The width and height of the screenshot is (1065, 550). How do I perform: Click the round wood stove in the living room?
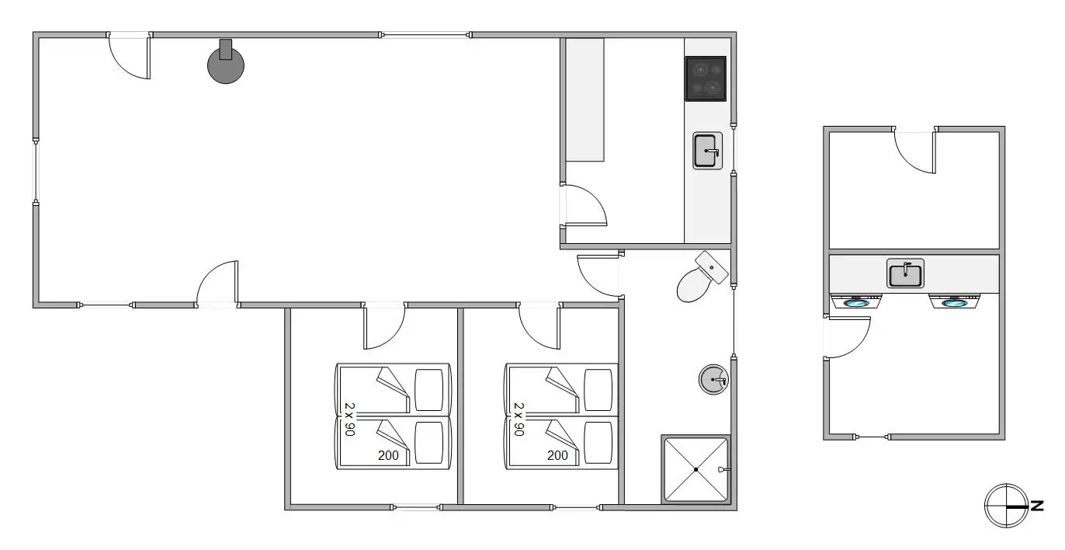point(226,65)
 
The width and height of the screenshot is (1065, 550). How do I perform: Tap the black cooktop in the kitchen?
point(706,79)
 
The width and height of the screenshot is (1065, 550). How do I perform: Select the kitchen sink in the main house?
point(707,151)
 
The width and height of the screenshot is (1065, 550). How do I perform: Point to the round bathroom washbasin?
point(713,379)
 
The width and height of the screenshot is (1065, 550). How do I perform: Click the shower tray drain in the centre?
point(696,469)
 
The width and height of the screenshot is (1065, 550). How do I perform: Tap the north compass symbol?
point(1006,506)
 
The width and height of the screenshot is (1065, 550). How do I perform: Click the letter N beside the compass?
point(1037,506)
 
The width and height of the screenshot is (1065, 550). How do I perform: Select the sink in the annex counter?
point(905,273)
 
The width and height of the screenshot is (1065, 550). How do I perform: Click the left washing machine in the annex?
point(855,301)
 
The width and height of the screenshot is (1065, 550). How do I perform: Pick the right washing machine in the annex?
point(954,301)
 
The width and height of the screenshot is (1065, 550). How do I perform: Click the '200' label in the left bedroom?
point(388,456)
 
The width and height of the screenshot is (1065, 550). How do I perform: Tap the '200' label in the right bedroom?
point(557,456)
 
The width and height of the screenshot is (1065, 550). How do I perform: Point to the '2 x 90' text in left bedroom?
point(349,419)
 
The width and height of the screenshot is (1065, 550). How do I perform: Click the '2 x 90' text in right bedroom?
point(519,419)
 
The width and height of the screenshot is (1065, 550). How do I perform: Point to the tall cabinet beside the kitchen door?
point(585,100)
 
